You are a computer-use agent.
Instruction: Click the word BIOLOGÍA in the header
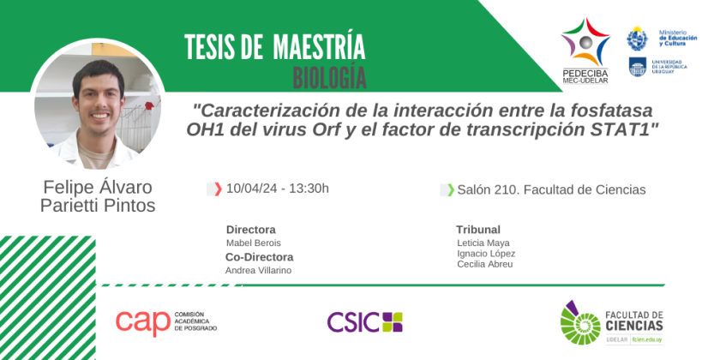click(x=330, y=78)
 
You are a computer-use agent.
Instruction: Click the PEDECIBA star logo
click(x=585, y=42)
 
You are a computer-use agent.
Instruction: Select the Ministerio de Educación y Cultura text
click(x=678, y=38)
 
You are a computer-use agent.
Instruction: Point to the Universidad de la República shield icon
click(x=638, y=67)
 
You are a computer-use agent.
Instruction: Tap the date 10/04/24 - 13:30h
click(x=278, y=189)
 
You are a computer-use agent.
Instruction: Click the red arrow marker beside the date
click(x=218, y=189)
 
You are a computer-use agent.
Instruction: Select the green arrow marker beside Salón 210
click(x=451, y=189)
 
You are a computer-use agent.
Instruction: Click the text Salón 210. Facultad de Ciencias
click(x=551, y=189)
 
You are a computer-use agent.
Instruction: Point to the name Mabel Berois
click(x=254, y=243)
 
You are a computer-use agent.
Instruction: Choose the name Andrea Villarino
click(x=259, y=271)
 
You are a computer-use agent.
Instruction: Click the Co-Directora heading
click(x=259, y=256)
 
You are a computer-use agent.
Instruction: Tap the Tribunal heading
click(x=478, y=230)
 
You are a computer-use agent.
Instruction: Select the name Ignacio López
click(x=486, y=254)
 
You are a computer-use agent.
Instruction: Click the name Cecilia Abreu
click(x=485, y=265)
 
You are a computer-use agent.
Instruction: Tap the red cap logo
click(x=143, y=323)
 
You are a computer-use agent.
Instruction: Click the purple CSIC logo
click(x=364, y=322)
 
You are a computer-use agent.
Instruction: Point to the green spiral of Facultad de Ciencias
click(x=580, y=323)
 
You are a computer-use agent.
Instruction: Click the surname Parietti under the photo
click(x=69, y=206)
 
